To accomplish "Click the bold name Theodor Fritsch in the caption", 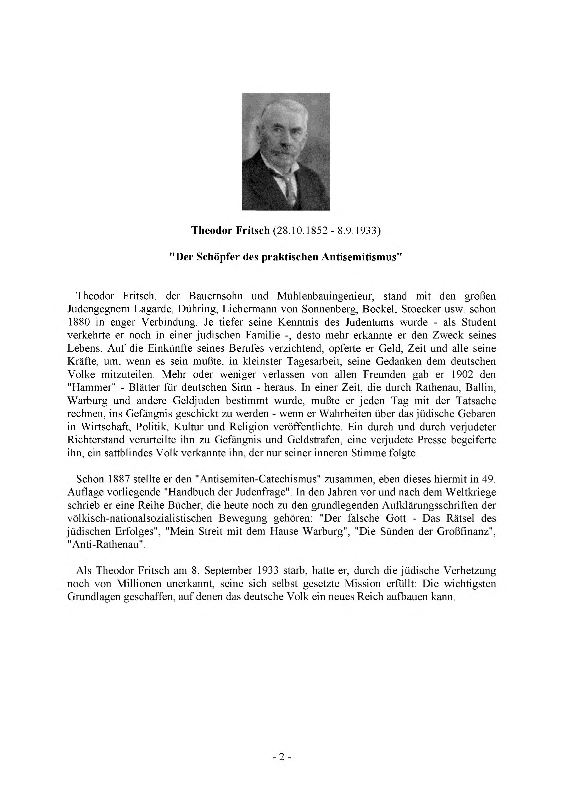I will pyautogui.click(x=230, y=231).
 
